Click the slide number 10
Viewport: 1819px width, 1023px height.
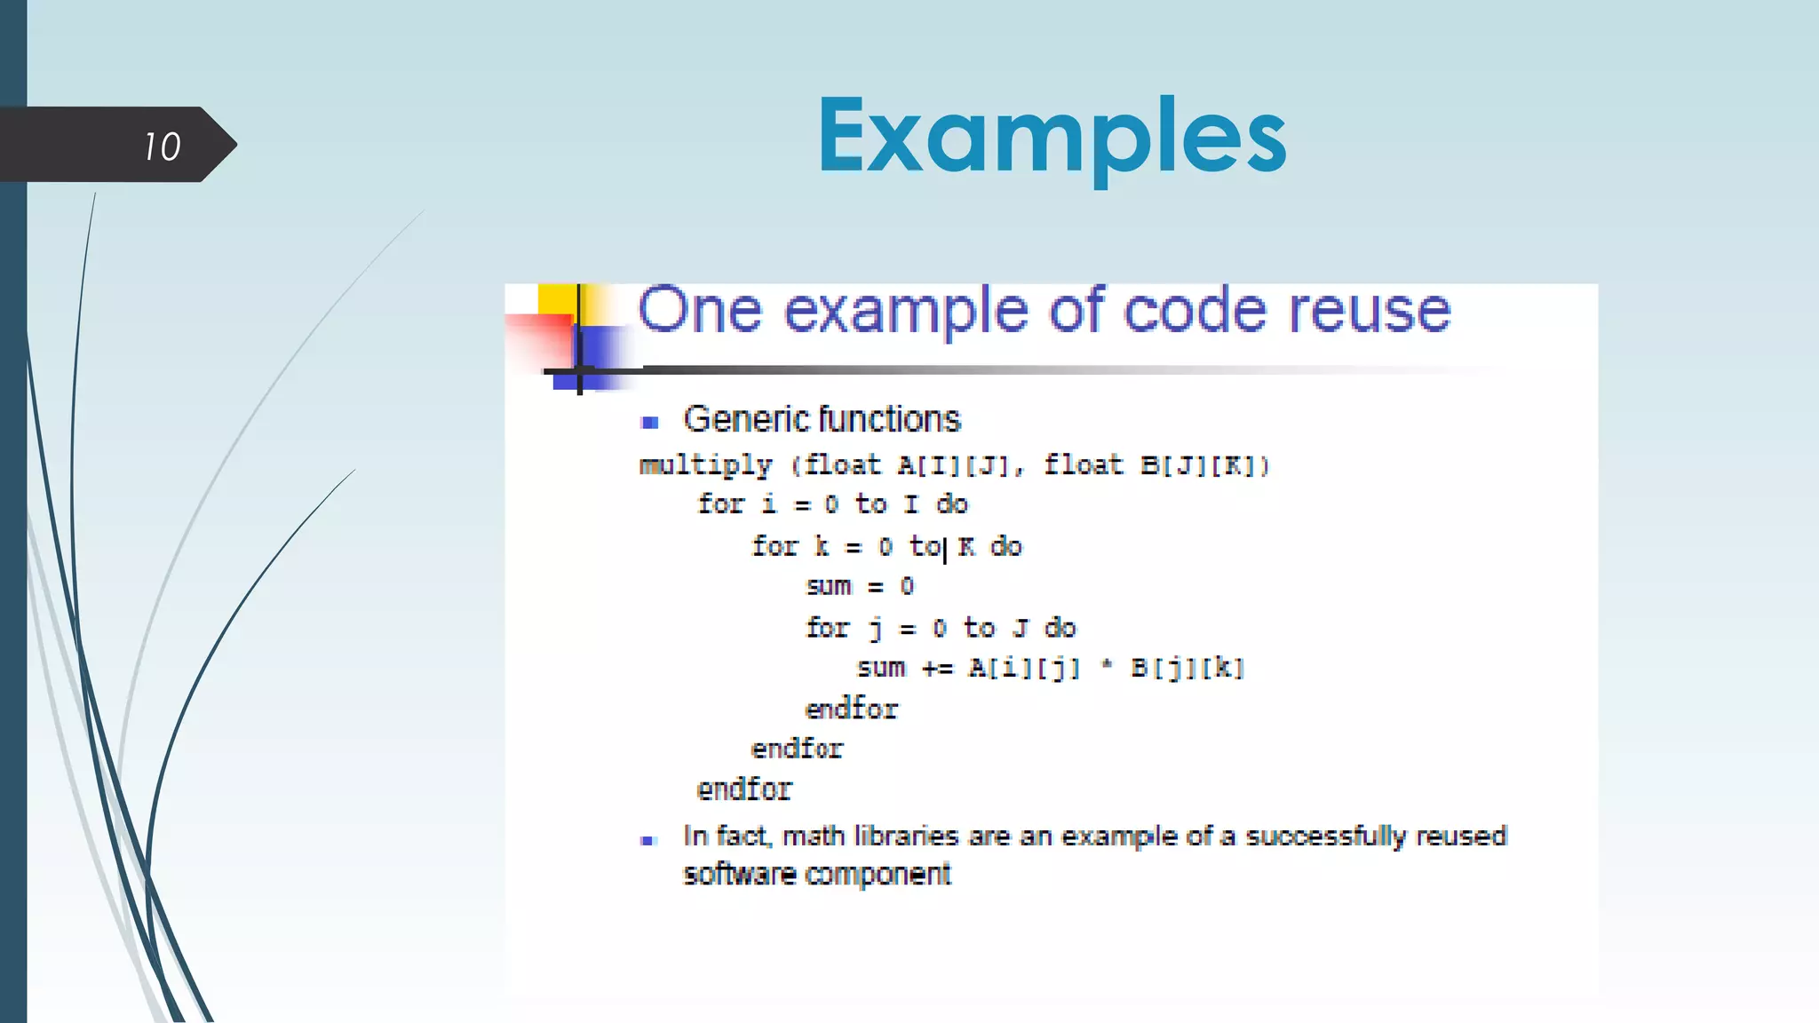163,147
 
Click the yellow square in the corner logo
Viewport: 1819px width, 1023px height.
556,299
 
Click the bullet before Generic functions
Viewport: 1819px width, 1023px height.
649,423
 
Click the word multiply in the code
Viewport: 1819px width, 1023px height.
705,466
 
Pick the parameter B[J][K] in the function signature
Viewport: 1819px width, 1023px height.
1204,465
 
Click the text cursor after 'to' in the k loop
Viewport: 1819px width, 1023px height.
945,550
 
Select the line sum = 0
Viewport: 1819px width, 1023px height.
859,586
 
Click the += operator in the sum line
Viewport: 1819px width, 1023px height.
937,669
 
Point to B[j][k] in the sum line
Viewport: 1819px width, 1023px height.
1187,668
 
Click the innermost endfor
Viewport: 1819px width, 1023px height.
851,709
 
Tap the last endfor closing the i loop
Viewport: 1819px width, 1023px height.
743,789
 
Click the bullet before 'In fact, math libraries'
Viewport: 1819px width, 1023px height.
647,840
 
